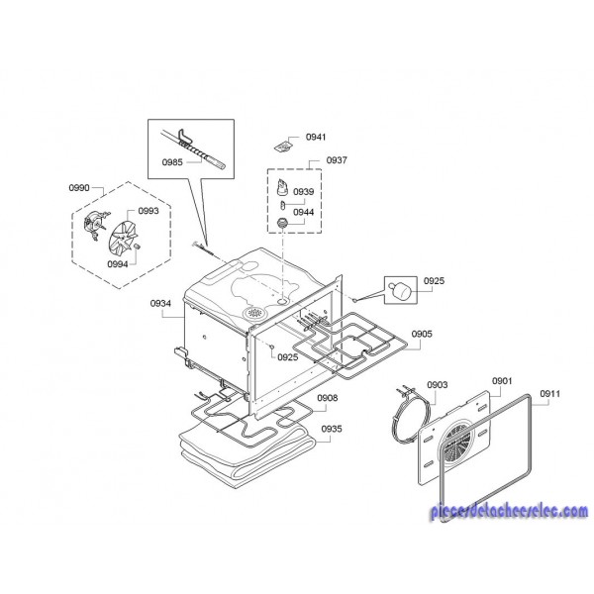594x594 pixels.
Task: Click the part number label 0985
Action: point(174,160)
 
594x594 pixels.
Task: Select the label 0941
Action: point(316,138)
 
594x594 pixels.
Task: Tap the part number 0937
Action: point(337,159)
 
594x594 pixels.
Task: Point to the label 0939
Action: point(304,191)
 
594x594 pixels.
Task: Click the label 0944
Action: point(304,212)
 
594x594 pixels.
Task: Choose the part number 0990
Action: point(79,188)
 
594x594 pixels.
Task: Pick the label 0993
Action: point(148,211)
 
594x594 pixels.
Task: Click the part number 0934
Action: point(161,303)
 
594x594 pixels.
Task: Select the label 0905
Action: point(421,335)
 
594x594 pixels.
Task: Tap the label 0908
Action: point(328,398)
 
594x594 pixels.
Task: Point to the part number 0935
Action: point(332,429)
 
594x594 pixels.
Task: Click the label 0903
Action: point(438,384)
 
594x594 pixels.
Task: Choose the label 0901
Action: point(502,381)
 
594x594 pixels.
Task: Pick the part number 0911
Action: point(550,394)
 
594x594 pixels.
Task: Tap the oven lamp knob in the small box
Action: point(400,289)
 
